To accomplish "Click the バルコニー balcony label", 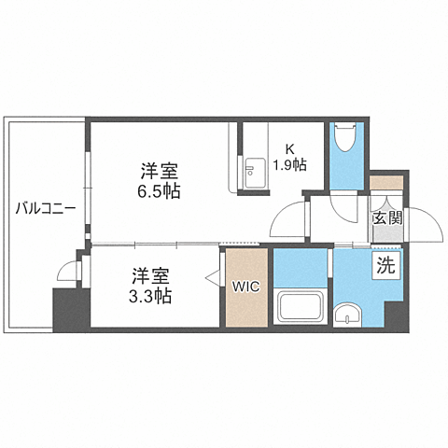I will point(46,208).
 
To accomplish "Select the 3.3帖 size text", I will point(150,296).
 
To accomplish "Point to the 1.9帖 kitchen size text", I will point(291,165).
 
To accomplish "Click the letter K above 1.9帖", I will point(290,147).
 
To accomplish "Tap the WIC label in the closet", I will point(245,287).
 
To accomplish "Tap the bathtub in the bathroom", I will point(301,305).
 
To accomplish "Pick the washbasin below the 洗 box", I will point(350,315).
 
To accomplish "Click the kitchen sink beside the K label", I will point(251,169).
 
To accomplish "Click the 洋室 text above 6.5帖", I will point(161,171).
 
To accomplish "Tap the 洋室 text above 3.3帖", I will point(150,276).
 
